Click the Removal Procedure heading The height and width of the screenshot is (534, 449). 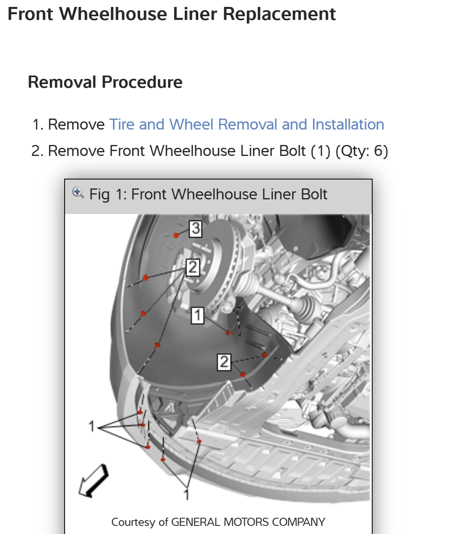pos(105,82)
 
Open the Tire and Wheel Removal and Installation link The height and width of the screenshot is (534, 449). pos(247,124)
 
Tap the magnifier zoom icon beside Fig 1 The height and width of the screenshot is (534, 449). pos(78,192)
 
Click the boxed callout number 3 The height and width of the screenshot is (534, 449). pos(195,228)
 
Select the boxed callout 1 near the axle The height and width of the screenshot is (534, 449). pos(197,315)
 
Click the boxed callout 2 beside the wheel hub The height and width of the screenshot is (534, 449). pos(193,267)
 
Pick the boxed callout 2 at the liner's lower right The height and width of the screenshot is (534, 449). pos(224,362)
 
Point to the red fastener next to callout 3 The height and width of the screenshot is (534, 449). pos(176,235)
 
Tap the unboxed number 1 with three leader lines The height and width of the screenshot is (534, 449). pos(92,426)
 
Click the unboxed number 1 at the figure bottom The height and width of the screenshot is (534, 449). pos(187,495)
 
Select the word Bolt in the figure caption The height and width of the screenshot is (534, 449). pos(314,195)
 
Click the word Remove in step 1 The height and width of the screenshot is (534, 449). pos(76,124)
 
